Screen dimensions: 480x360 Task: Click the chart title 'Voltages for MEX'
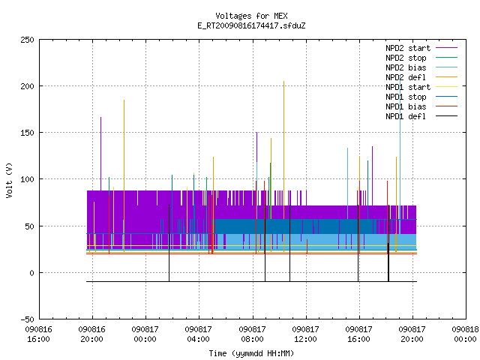[251, 16]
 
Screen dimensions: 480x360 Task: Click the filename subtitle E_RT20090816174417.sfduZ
[251, 25]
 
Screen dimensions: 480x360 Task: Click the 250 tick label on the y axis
[27, 40]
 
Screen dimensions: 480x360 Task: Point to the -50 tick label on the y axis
[27, 319]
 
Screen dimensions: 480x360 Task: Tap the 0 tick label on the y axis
[31, 273]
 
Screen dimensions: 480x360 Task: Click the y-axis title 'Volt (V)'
[9, 180]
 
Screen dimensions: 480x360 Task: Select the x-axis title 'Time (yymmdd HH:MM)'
[251, 353]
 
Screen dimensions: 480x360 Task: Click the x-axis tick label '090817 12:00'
[305, 334]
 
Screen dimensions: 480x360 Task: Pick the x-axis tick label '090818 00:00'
[465, 334]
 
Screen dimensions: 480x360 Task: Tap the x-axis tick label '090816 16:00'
[39, 334]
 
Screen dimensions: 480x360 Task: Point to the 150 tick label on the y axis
[27, 133]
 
